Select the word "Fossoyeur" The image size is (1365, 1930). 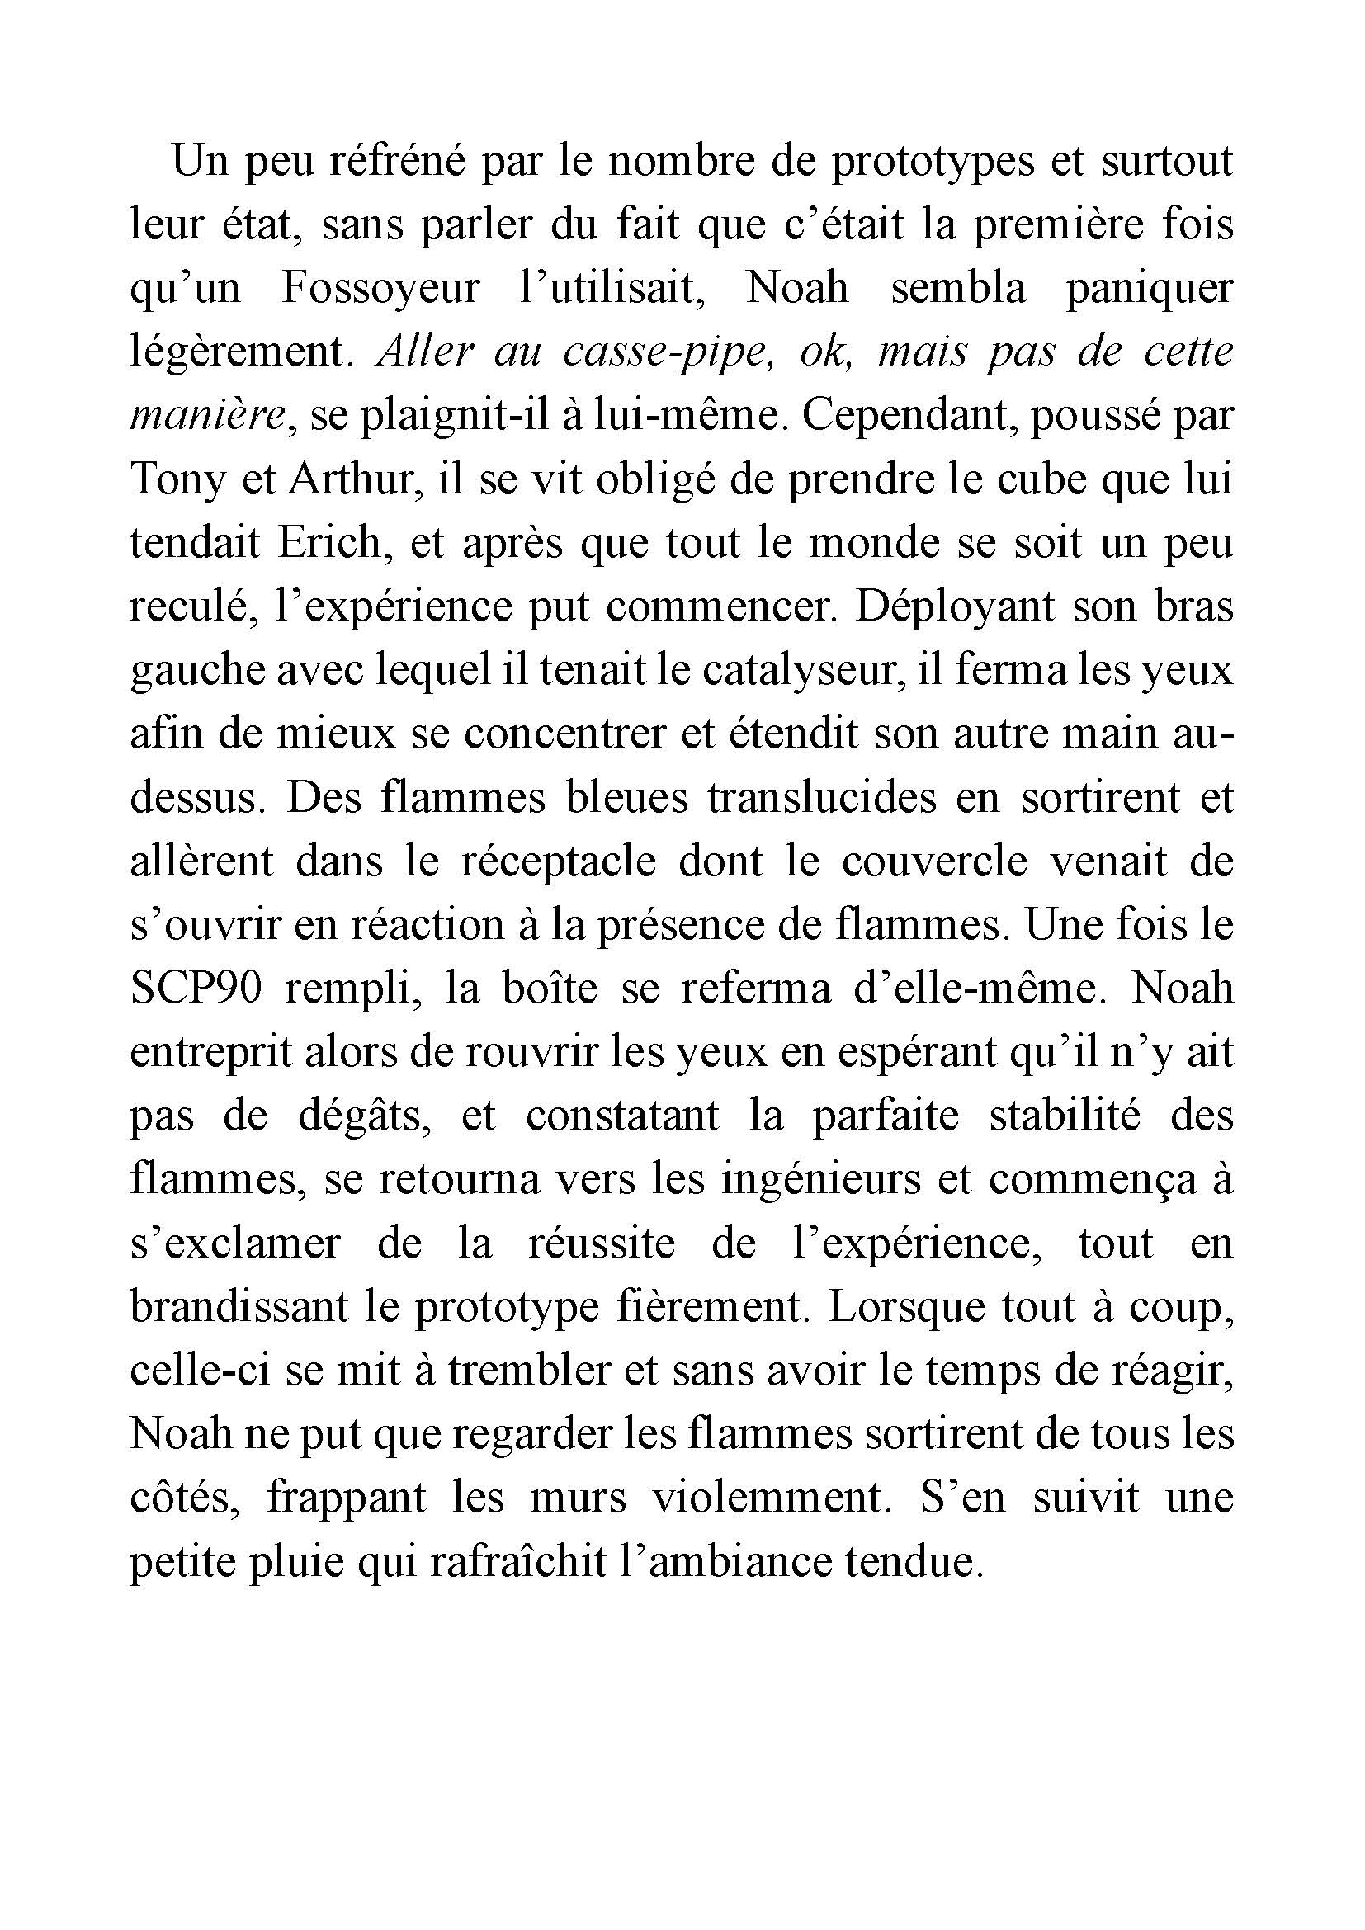pos(380,288)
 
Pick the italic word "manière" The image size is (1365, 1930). pos(209,416)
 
